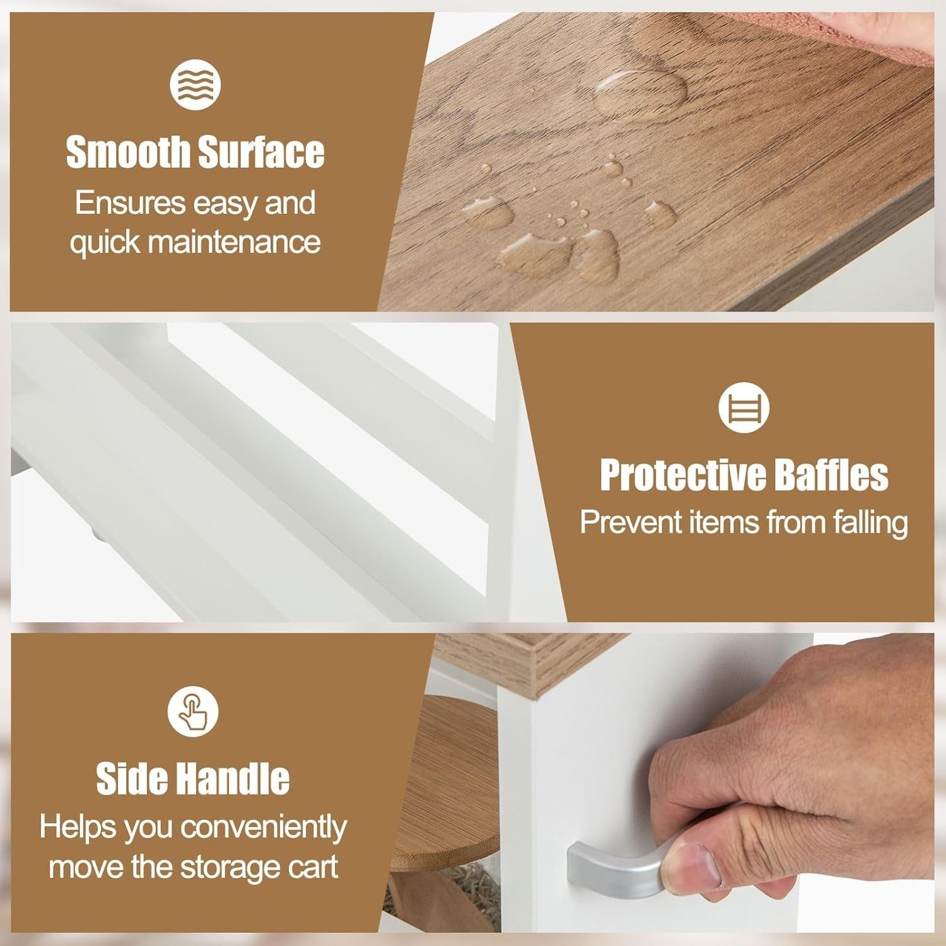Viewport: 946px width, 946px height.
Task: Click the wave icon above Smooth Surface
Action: coord(195,85)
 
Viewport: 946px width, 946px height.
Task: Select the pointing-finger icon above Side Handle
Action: coord(192,711)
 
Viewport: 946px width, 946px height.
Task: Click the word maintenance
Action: coord(233,242)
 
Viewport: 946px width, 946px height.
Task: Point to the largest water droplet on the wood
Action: coord(640,94)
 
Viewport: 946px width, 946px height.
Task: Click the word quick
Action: coord(104,243)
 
